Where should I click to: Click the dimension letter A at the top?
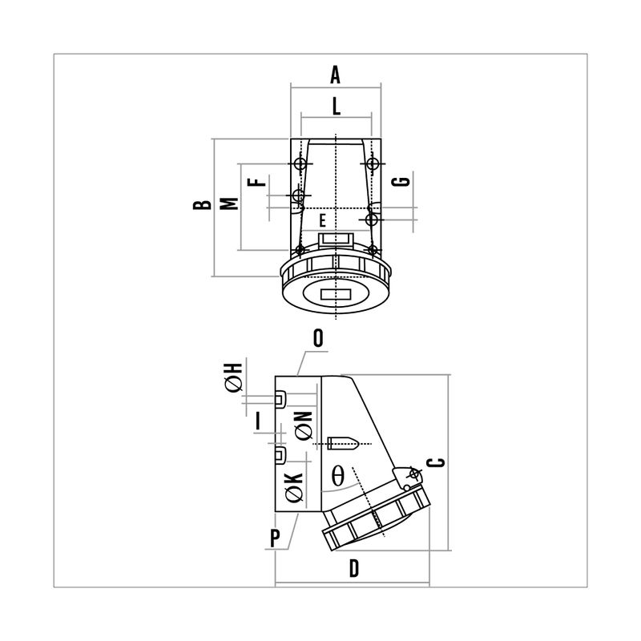pos(335,75)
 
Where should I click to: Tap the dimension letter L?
pos(336,107)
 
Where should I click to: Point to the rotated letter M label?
pos(229,204)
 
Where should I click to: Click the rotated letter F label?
pos(256,182)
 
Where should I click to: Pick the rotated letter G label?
pos(401,182)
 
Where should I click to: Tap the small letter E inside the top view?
pos(323,221)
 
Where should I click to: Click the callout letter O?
pos(318,338)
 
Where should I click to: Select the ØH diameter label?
pos(234,377)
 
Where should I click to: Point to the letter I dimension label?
pos(258,421)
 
